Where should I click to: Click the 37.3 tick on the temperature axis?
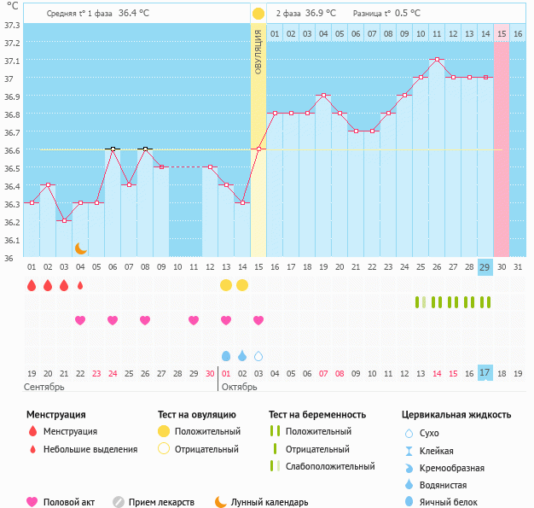click(x=11, y=25)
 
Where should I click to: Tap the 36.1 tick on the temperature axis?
click(x=11, y=240)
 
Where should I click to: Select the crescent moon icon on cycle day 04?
click(x=80, y=248)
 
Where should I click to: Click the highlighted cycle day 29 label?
click(x=485, y=267)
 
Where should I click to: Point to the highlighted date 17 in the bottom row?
click(x=485, y=373)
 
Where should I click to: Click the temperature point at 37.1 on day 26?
click(x=437, y=60)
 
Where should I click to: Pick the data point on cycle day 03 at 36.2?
click(x=64, y=221)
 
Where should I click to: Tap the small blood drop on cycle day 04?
click(x=80, y=285)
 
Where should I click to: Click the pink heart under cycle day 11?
click(x=194, y=320)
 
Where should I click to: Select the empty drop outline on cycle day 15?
click(x=258, y=355)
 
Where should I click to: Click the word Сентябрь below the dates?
click(x=44, y=388)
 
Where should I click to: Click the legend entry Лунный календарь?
click(x=269, y=502)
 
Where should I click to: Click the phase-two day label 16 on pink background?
click(x=518, y=33)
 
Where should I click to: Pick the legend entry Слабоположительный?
click(x=331, y=466)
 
